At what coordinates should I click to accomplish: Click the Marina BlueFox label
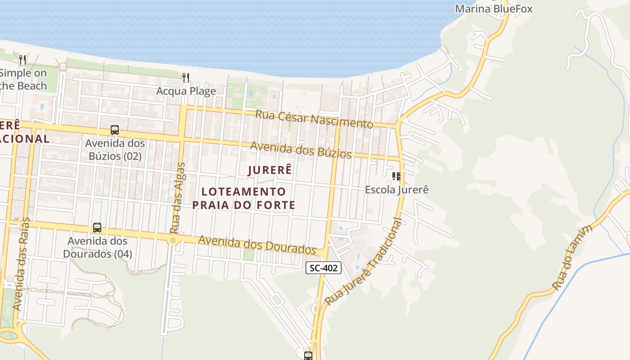[494, 9]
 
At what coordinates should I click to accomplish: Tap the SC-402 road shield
[324, 268]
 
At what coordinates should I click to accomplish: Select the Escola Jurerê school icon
[396, 176]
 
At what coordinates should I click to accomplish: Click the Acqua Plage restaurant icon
[186, 77]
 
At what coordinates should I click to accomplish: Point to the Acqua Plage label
[186, 91]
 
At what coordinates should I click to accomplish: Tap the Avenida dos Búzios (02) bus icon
[115, 130]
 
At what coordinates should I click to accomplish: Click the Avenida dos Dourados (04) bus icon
[97, 228]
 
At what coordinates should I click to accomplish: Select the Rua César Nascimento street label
[314, 118]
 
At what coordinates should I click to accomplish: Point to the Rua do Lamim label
[572, 257]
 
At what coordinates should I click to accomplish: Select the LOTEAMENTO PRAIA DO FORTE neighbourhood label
[243, 198]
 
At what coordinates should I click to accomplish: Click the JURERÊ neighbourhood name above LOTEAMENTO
[270, 170]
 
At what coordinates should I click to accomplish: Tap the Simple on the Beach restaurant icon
[22, 59]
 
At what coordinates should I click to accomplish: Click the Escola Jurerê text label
[396, 189]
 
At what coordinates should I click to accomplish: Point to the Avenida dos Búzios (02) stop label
[115, 150]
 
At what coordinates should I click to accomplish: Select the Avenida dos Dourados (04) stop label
[97, 247]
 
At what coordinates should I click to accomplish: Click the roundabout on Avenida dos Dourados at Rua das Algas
[173, 241]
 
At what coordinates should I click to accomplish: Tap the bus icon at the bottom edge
[308, 355]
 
